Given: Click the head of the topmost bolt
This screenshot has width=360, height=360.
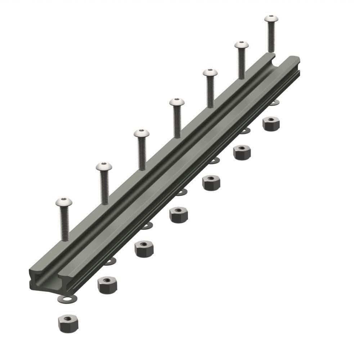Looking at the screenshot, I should coord(272,18).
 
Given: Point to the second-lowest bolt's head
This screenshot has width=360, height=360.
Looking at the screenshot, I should coord(104,166).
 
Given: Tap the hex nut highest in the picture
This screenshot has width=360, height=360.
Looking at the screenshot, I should coord(270,123).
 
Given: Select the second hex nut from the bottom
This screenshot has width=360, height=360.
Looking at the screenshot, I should coord(107,285).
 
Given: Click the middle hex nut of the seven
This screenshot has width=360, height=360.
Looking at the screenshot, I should coord(178,215).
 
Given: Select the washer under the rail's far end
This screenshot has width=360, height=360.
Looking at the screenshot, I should coord(274,104).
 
